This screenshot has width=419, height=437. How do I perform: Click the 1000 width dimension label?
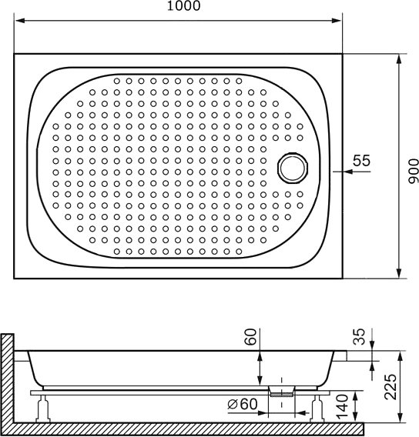183,6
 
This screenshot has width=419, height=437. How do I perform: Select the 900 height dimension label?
414,171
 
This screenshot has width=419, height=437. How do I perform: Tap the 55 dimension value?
361,161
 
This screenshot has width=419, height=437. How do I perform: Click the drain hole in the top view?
293,168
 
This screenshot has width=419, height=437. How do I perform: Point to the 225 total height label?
391,387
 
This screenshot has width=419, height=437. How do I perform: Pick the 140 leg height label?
342,406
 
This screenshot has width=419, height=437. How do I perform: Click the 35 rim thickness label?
359,336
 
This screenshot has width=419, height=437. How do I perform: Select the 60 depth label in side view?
250,337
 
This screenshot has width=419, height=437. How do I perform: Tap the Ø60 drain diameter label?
243,404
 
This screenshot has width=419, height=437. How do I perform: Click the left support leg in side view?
43,409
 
